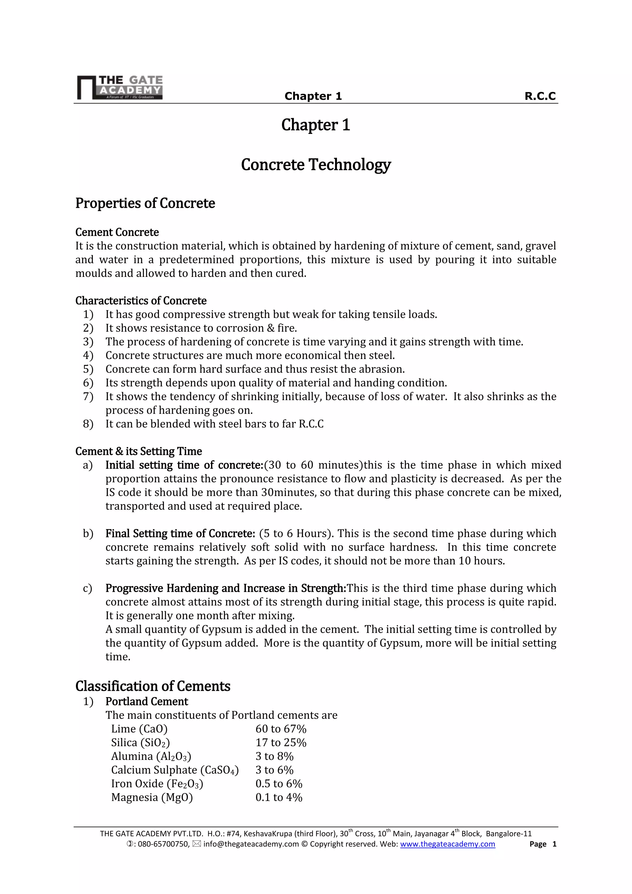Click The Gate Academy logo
point(119,87)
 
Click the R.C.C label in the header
point(540,96)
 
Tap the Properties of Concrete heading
point(145,203)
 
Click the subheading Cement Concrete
point(117,232)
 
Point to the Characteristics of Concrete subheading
point(141,301)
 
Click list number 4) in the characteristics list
point(88,356)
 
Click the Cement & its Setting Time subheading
point(139,451)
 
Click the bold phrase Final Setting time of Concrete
point(180,533)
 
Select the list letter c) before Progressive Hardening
point(88,588)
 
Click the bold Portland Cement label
point(147,702)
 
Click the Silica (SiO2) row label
point(140,743)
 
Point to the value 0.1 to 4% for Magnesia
point(279,797)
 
